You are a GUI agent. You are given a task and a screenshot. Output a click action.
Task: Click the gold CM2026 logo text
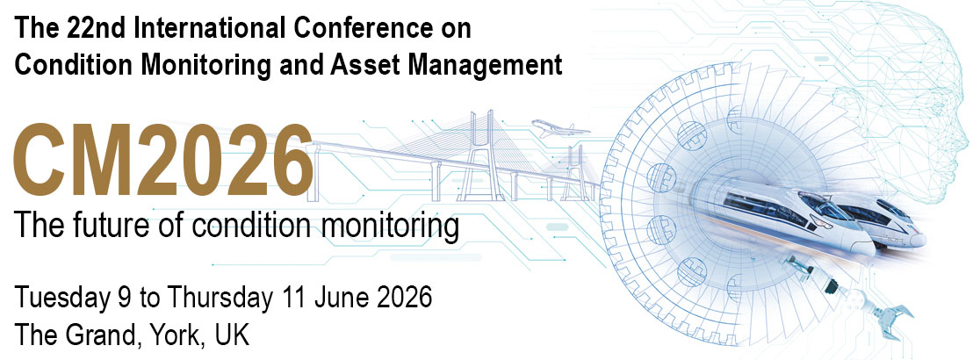[x=163, y=160]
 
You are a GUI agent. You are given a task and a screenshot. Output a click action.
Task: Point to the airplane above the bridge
[x=560, y=128]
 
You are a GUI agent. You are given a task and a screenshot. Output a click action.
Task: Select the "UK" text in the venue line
[x=232, y=335]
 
